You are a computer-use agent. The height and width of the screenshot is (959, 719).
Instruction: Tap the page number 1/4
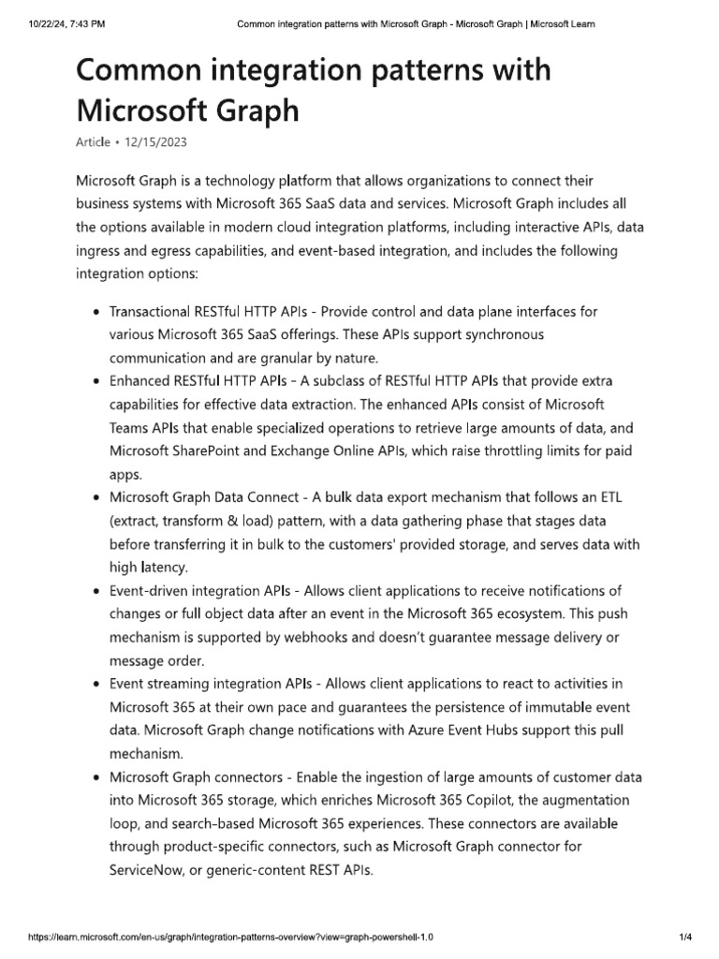coord(683,936)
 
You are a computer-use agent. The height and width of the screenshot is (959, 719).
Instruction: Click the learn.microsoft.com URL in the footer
coord(231,936)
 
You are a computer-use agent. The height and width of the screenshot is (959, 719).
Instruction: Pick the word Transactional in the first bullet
coord(154,311)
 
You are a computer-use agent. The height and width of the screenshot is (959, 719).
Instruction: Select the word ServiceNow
coord(154,870)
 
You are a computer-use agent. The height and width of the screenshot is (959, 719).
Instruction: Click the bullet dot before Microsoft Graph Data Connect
coord(97,498)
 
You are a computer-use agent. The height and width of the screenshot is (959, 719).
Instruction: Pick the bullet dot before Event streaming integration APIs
coord(97,685)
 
